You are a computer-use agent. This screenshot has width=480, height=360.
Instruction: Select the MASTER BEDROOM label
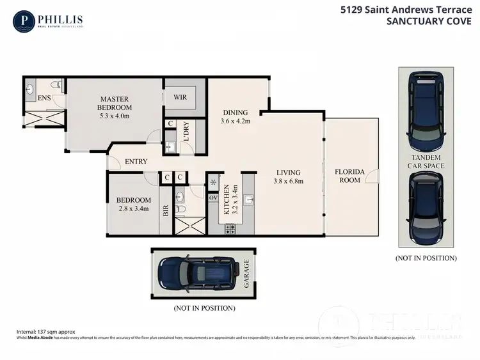[115, 103]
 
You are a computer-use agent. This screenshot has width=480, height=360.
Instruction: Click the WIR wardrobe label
[180, 97]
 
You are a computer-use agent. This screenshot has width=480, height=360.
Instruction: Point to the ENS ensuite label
[44, 98]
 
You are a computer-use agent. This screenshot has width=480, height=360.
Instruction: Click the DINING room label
[235, 113]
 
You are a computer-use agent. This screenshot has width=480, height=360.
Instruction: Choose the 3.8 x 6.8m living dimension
[289, 181]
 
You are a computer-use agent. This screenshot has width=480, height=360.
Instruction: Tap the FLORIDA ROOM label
[350, 176]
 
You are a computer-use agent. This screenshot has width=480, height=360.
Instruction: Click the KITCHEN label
[226, 199]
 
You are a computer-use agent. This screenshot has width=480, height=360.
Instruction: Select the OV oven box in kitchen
[213, 198]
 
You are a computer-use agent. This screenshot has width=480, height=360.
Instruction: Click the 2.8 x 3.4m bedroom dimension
[133, 208]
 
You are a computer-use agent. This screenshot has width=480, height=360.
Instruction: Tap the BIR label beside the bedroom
[166, 208]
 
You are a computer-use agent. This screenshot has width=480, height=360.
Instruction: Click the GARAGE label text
[246, 274]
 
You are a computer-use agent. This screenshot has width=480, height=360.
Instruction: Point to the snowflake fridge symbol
[212, 182]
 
